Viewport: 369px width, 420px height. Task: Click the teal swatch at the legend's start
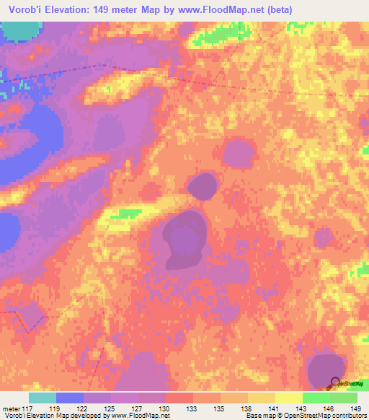click(x=43, y=398)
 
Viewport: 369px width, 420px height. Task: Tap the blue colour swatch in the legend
click(x=70, y=398)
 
